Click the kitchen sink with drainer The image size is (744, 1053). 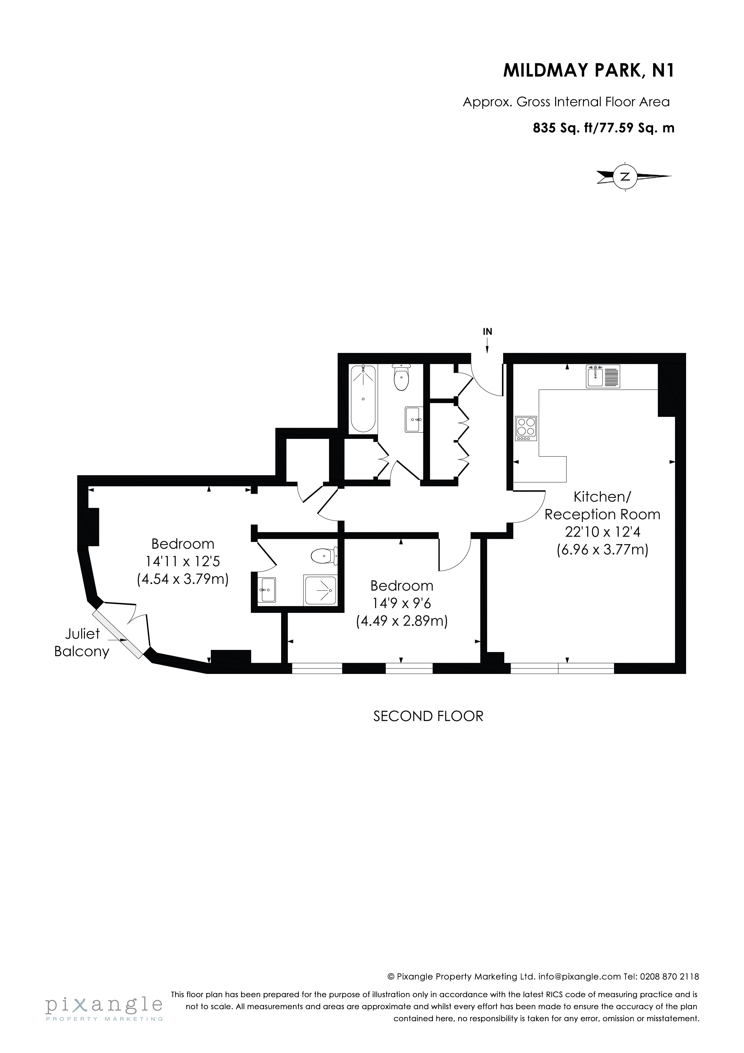[603, 376]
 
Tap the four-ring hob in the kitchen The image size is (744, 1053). [526, 428]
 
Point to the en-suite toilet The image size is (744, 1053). [324, 557]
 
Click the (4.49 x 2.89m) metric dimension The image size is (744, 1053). [402, 621]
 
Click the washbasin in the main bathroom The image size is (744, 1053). [414, 419]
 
